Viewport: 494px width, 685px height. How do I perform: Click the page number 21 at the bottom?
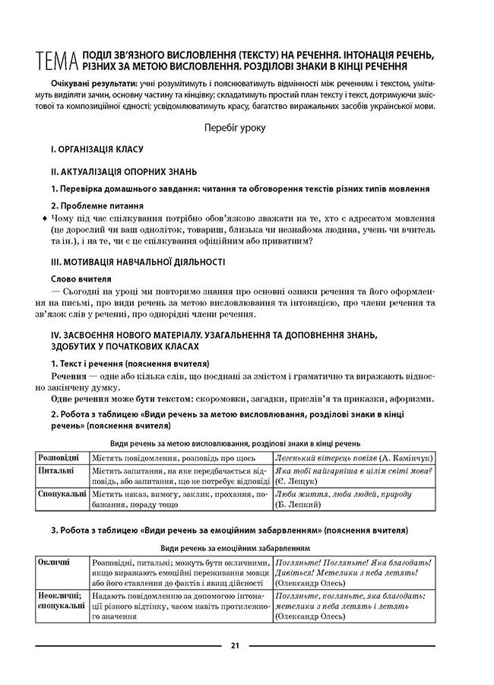coord(235,646)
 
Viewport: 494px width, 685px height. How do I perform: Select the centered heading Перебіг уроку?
coord(235,128)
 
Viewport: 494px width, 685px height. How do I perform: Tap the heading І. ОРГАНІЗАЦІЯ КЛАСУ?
coord(97,150)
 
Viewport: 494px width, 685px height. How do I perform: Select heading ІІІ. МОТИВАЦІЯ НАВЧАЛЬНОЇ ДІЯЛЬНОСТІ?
coord(137,261)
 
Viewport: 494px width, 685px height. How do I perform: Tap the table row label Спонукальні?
coord(62,493)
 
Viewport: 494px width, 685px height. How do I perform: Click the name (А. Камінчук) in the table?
coord(407,458)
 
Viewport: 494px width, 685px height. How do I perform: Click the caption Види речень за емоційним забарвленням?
coord(235,547)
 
